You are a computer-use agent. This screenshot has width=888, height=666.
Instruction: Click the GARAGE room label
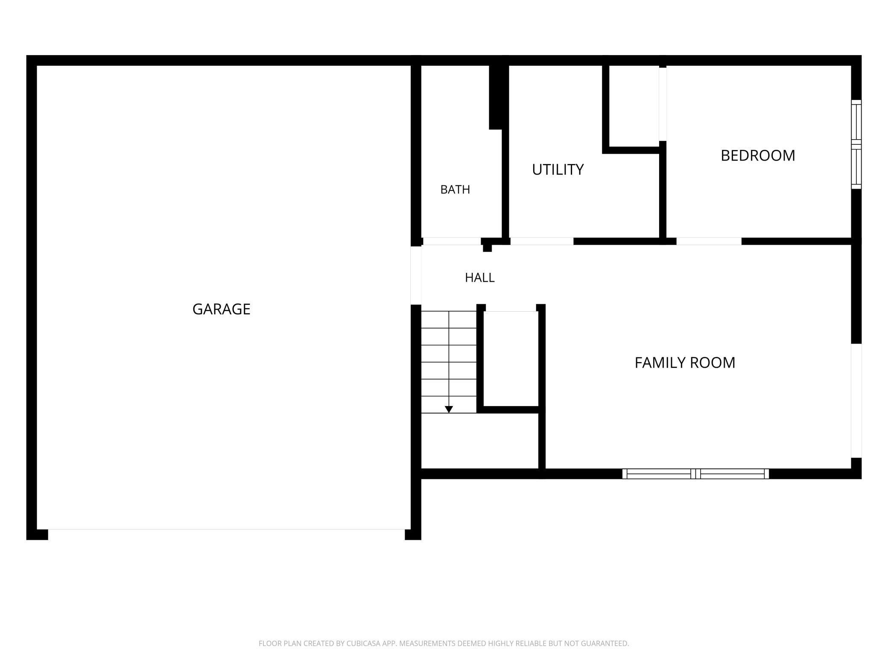click(x=221, y=309)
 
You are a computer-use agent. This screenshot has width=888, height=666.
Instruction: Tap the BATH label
click(x=455, y=190)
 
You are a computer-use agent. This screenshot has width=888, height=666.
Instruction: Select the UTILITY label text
click(x=558, y=169)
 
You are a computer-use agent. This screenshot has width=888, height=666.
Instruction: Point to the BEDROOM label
click(x=758, y=155)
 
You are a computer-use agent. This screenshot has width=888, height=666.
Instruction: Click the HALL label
click(x=480, y=277)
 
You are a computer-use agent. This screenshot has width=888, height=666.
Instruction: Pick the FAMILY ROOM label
click(x=685, y=362)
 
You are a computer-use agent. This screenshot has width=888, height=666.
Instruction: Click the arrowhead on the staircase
click(x=449, y=409)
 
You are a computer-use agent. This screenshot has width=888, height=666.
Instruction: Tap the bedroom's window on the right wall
click(x=856, y=144)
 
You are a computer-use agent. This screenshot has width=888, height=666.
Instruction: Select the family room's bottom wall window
click(x=695, y=474)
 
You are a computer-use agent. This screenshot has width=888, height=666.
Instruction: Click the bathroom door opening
click(x=452, y=241)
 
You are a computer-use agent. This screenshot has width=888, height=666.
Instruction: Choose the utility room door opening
click(x=542, y=241)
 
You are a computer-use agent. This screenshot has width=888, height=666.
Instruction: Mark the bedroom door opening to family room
click(x=709, y=241)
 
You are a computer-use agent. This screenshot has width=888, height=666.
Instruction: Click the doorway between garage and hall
click(x=416, y=276)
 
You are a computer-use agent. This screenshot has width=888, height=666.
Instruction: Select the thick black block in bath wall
click(x=495, y=97)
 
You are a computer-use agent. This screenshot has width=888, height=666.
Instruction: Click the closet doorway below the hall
click(x=511, y=308)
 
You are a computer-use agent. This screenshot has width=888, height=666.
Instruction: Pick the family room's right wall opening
click(x=856, y=401)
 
